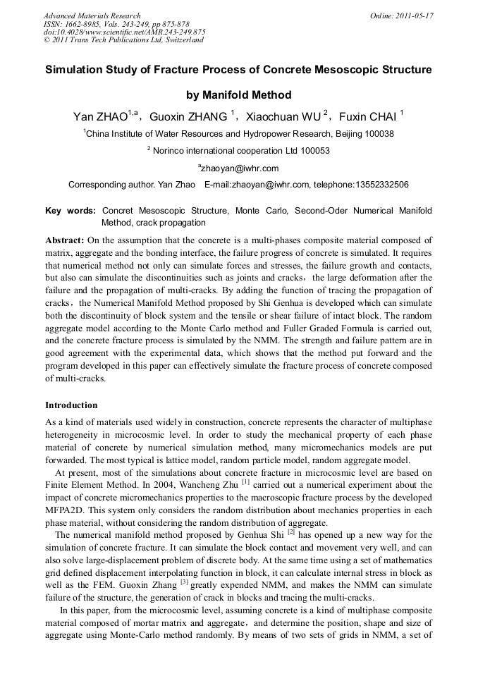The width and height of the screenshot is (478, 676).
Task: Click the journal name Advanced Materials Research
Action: (x=92, y=16)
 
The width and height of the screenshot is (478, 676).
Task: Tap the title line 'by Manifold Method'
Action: (x=238, y=95)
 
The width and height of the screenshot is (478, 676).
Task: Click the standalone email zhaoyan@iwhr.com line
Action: (x=240, y=168)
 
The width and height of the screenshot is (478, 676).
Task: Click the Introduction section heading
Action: (x=71, y=405)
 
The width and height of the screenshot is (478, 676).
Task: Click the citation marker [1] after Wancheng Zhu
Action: (x=246, y=481)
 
